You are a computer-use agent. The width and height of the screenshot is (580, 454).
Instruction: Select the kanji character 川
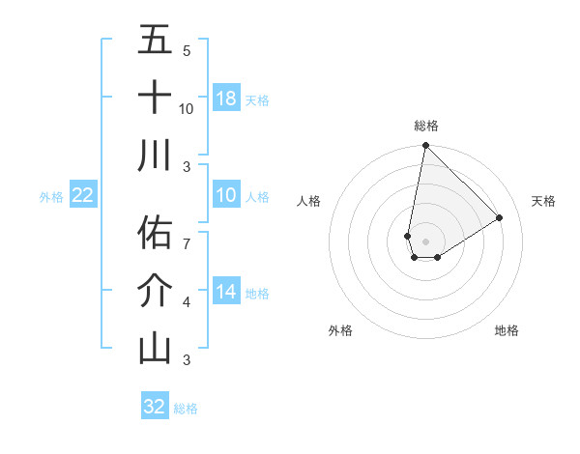click(x=155, y=156)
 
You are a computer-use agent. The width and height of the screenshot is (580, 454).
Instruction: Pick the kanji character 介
click(x=155, y=290)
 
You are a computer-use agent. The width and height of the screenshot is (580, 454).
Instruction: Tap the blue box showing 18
click(x=226, y=99)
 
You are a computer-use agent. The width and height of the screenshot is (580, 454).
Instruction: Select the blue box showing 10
click(x=226, y=196)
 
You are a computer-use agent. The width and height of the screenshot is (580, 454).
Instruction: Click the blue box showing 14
click(x=226, y=292)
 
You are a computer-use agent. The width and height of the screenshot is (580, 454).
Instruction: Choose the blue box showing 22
click(x=83, y=196)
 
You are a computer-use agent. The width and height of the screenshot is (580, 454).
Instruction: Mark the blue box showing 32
click(x=155, y=407)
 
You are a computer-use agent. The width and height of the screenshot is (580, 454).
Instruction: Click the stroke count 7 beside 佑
click(x=187, y=234)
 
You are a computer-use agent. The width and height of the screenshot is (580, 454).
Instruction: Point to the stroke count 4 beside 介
click(x=187, y=303)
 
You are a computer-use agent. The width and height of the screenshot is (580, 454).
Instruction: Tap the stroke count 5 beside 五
click(x=187, y=51)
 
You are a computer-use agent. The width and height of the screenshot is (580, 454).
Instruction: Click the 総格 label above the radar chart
click(x=425, y=126)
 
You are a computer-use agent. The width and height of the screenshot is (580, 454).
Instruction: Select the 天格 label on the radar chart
click(x=544, y=201)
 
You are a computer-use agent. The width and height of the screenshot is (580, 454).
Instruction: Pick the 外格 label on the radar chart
click(x=340, y=330)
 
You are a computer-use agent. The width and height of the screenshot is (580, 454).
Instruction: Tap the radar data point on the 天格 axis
click(x=500, y=217)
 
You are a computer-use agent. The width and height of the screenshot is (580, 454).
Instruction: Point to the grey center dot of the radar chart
click(x=425, y=241)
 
